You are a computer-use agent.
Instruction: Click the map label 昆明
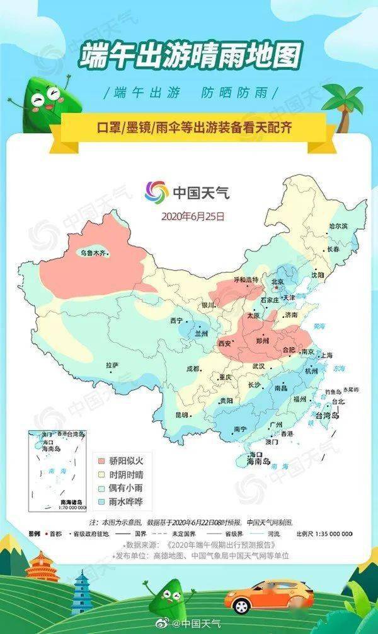pyautogui.click(x=181, y=414)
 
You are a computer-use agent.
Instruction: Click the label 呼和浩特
pyautogui.click(x=246, y=279)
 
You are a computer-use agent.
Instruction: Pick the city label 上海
pyautogui.click(x=326, y=356)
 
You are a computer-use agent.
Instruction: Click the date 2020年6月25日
pyautogui.click(x=193, y=216)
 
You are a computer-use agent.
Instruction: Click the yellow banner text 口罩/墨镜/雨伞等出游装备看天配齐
pyautogui.click(x=190, y=127)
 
